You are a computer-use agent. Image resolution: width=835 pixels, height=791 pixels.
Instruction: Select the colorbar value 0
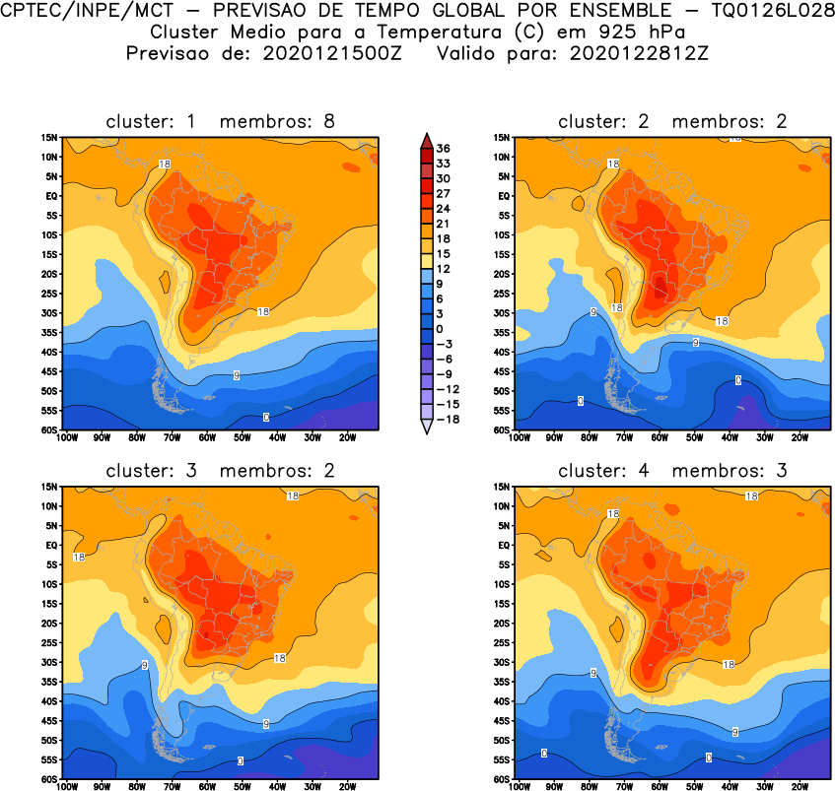pyautogui.click(x=440, y=328)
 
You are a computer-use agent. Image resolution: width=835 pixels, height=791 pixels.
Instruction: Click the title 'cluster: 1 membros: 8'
pyautogui.click(x=220, y=122)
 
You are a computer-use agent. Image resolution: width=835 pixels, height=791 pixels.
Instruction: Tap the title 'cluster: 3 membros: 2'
pyautogui.click(x=220, y=471)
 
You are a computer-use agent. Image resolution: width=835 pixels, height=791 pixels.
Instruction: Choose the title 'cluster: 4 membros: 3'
pyautogui.click(x=673, y=471)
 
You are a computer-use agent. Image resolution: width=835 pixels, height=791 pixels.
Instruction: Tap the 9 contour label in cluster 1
pyautogui.click(x=237, y=375)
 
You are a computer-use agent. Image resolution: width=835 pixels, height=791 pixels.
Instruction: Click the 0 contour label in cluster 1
pyautogui.click(x=266, y=417)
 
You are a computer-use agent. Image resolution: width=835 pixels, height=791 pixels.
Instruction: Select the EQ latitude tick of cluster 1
pyautogui.click(x=51, y=195)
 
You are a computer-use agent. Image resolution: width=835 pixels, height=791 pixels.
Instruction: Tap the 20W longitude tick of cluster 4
pyautogui.click(x=800, y=786)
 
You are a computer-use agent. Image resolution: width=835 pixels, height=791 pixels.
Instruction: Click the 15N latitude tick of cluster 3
pyautogui.click(x=50, y=487)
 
